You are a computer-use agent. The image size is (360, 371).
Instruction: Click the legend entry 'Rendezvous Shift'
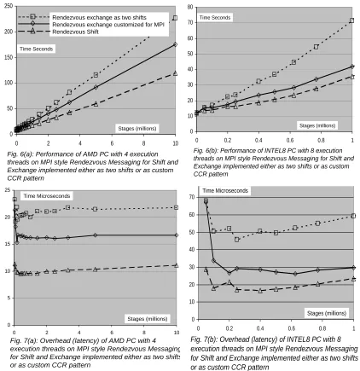[76, 32]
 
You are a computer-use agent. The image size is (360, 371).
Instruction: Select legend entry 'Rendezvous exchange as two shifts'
[99, 17]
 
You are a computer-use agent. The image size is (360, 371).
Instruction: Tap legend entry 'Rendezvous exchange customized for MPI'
[108, 25]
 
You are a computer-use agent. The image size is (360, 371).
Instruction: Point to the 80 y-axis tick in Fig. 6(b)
[190, 7]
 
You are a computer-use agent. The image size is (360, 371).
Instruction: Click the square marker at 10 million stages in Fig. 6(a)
[175, 18]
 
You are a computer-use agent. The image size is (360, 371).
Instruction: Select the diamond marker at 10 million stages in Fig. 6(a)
[175, 44]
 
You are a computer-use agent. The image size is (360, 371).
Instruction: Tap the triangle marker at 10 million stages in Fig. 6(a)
[175, 73]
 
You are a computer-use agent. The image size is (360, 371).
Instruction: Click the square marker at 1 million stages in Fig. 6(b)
[351, 20]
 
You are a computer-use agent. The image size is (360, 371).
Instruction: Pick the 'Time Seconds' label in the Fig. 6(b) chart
[215, 18]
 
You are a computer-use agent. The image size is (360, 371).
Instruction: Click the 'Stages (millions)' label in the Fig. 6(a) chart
[137, 129]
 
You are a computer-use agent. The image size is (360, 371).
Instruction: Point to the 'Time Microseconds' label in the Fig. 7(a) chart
[47, 196]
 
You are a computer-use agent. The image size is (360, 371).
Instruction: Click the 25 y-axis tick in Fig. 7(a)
[8, 190]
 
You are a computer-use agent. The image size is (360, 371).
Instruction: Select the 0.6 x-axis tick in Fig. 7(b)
[292, 328]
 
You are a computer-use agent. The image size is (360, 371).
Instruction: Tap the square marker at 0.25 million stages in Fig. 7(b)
[237, 240]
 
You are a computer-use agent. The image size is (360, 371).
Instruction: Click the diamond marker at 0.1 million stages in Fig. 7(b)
[213, 261]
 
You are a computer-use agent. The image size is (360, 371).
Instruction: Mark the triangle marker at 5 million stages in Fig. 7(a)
[96, 269]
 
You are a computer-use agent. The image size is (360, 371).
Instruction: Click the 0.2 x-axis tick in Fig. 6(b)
[228, 140]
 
